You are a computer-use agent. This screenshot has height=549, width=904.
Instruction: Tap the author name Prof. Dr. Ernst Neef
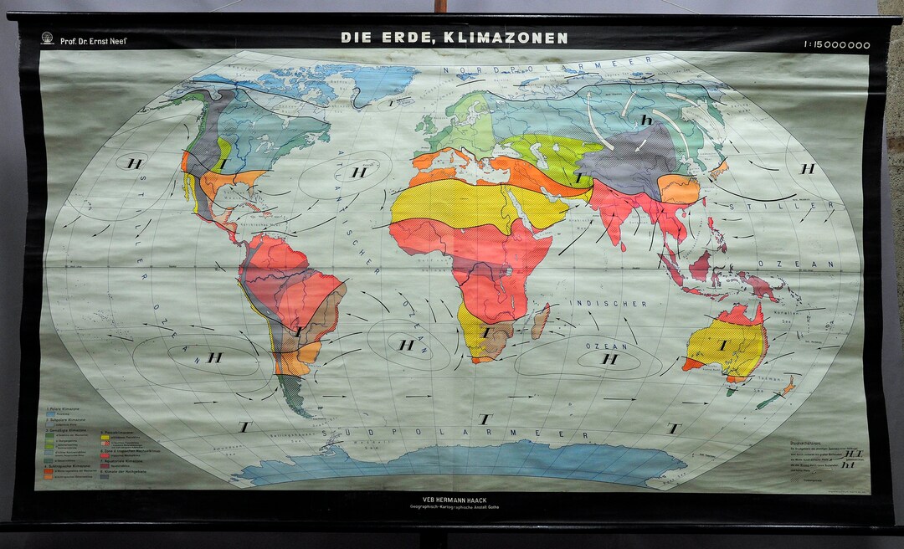(x=94, y=40)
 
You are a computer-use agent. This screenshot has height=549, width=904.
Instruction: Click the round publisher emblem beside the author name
(x=47, y=38)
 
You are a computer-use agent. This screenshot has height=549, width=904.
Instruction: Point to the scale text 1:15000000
(x=836, y=45)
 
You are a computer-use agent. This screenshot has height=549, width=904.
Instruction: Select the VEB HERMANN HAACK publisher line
(x=451, y=500)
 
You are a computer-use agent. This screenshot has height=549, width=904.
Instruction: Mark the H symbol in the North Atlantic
(x=360, y=172)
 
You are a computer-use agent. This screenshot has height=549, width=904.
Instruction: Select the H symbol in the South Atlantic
(x=407, y=344)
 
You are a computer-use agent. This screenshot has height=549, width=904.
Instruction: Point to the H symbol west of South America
(x=215, y=357)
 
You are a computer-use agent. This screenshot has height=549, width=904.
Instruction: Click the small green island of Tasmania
(x=732, y=391)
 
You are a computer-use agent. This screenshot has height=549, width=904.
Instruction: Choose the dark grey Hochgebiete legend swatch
(x=105, y=474)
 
